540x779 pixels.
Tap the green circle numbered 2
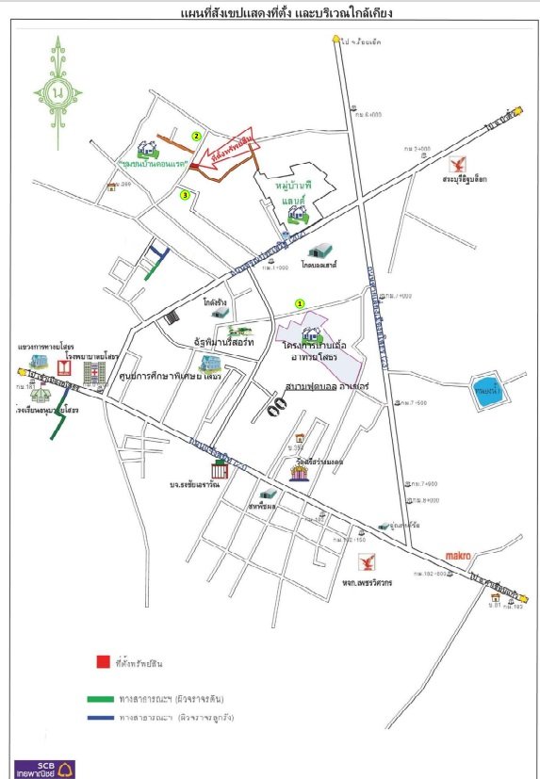click(x=197, y=136)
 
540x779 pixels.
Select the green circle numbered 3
click(x=186, y=195)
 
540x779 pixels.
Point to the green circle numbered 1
click(x=300, y=303)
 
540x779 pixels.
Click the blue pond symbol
click(x=488, y=392)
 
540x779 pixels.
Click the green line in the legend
click(x=102, y=698)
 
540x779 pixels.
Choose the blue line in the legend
click(x=102, y=718)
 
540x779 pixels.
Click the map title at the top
click(x=271, y=14)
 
